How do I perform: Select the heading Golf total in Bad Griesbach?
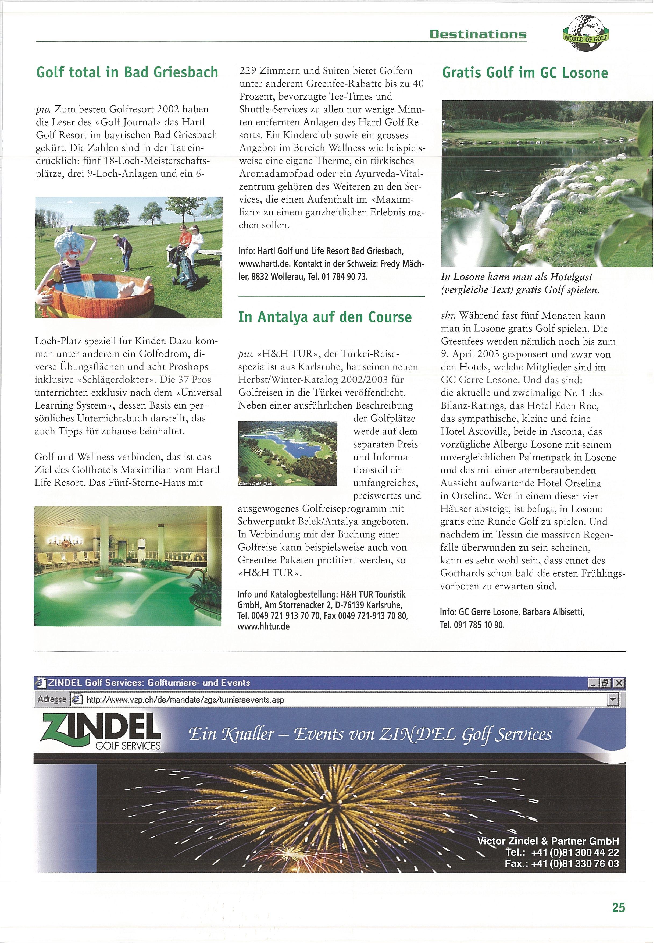pyautogui.click(x=127, y=72)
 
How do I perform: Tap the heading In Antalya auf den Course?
pyautogui.click(x=324, y=317)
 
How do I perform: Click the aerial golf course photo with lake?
pyautogui.click(x=287, y=453)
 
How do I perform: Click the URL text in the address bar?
pyautogui.click(x=185, y=699)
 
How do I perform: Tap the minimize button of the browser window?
pyautogui.click(x=593, y=683)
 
